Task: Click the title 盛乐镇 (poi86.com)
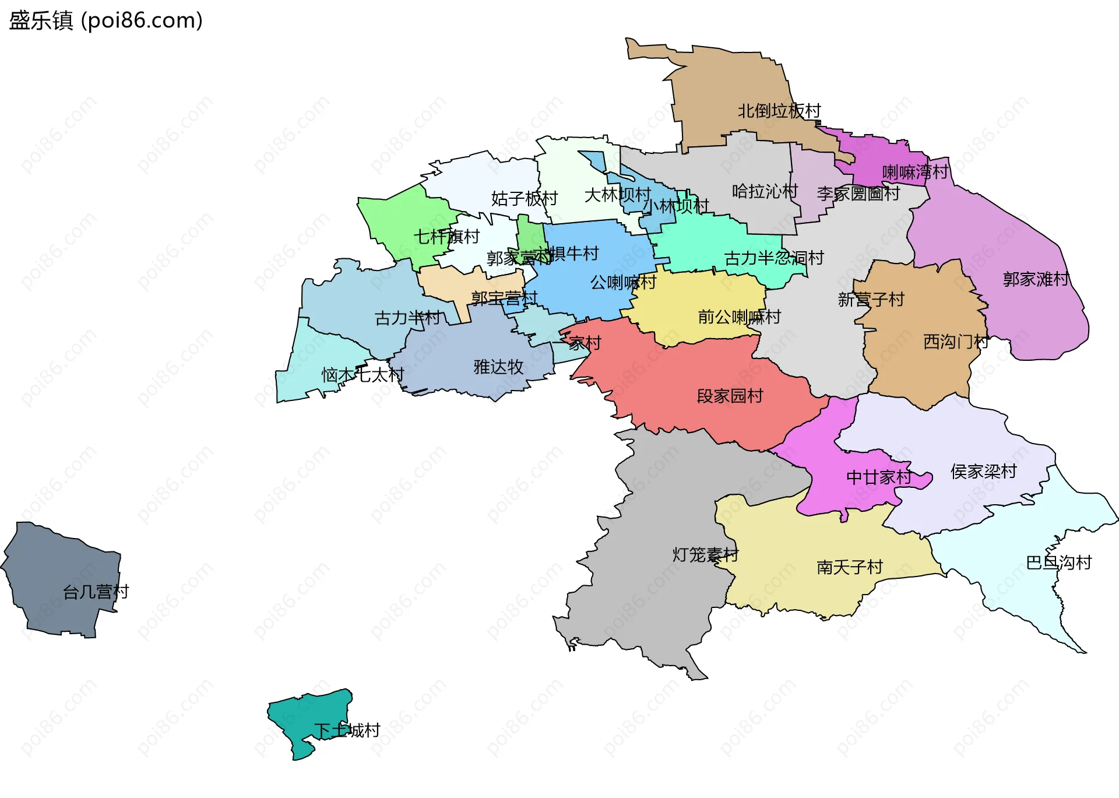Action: [x=106, y=20]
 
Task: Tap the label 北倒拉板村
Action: [x=779, y=111]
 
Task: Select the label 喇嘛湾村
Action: [x=915, y=172]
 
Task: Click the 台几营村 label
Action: [x=96, y=592]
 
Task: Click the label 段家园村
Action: [x=730, y=396]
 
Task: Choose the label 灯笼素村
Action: [x=705, y=555]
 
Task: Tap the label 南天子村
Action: [x=849, y=567]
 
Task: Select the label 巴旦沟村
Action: [x=1058, y=563]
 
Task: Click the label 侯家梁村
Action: [x=983, y=472]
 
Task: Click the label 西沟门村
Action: [x=956, y=342]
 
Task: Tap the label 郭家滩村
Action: [x=1036, y=279]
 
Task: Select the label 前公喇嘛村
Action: [x=739, y=317]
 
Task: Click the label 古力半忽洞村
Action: [x=774, y=258]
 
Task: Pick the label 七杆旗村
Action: [x=446, y=237]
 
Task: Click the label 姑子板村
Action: [x=524, y=199]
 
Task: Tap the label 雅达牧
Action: [x=498, y=367]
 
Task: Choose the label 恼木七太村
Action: [x=363, y=375]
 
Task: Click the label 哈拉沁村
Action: [x=765, y=191]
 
